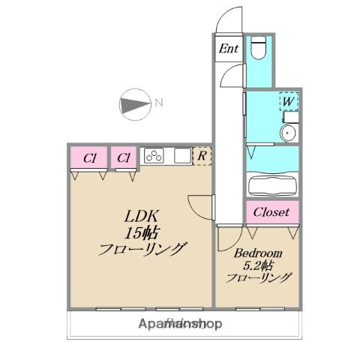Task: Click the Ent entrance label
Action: [228, 49]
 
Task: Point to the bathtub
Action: [271, 184]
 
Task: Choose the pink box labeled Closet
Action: [271, 212]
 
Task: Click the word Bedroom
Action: [257, 253]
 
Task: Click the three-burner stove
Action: [154, 156]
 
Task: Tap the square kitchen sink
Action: [182, 156]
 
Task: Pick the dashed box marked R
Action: [202, 156]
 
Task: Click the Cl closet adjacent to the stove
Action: [124, 158]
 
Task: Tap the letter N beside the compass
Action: [158, 103]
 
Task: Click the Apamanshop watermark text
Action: [181, 324]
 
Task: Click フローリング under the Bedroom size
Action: [259, 277]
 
